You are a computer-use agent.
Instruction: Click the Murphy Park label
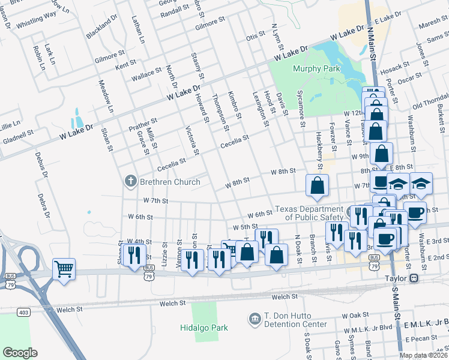316,68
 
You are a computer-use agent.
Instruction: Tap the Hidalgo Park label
205,328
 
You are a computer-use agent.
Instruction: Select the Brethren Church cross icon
130,181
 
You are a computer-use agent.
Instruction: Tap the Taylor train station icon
414,279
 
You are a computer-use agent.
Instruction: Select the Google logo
20,353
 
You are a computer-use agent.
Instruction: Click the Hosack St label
394,67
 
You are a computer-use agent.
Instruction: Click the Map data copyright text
423,355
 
